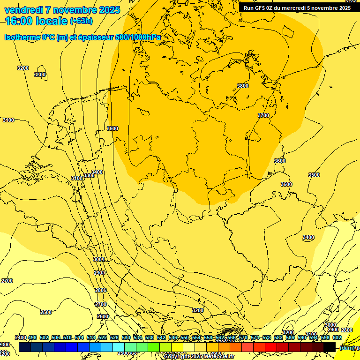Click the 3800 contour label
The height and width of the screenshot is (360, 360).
243,86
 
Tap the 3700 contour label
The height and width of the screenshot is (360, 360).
263,115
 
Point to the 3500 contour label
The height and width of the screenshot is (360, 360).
314,175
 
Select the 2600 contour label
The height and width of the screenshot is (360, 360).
103,316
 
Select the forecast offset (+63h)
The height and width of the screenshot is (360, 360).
81,21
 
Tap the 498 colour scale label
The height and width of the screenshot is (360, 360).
32,337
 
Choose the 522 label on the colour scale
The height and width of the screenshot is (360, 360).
103,337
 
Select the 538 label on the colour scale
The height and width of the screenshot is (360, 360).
149,337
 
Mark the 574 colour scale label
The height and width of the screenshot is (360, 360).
255,337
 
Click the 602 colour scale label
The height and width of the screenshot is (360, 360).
337,337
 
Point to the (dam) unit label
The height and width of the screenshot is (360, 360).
346,348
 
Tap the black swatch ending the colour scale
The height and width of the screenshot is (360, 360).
329,347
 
